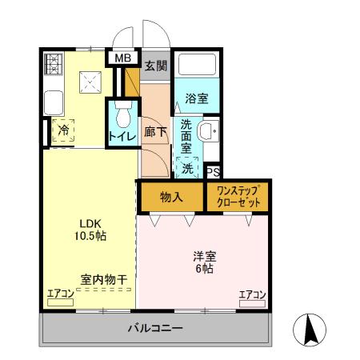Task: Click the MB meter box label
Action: pos(122,58)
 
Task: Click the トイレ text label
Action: pos(122,136)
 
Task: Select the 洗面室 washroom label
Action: pos(186,136)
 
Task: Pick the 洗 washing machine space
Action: pos(187,167)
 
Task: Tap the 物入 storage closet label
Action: pos(171,196)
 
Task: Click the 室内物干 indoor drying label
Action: pos(103,279)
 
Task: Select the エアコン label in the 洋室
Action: pos(252,294)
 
